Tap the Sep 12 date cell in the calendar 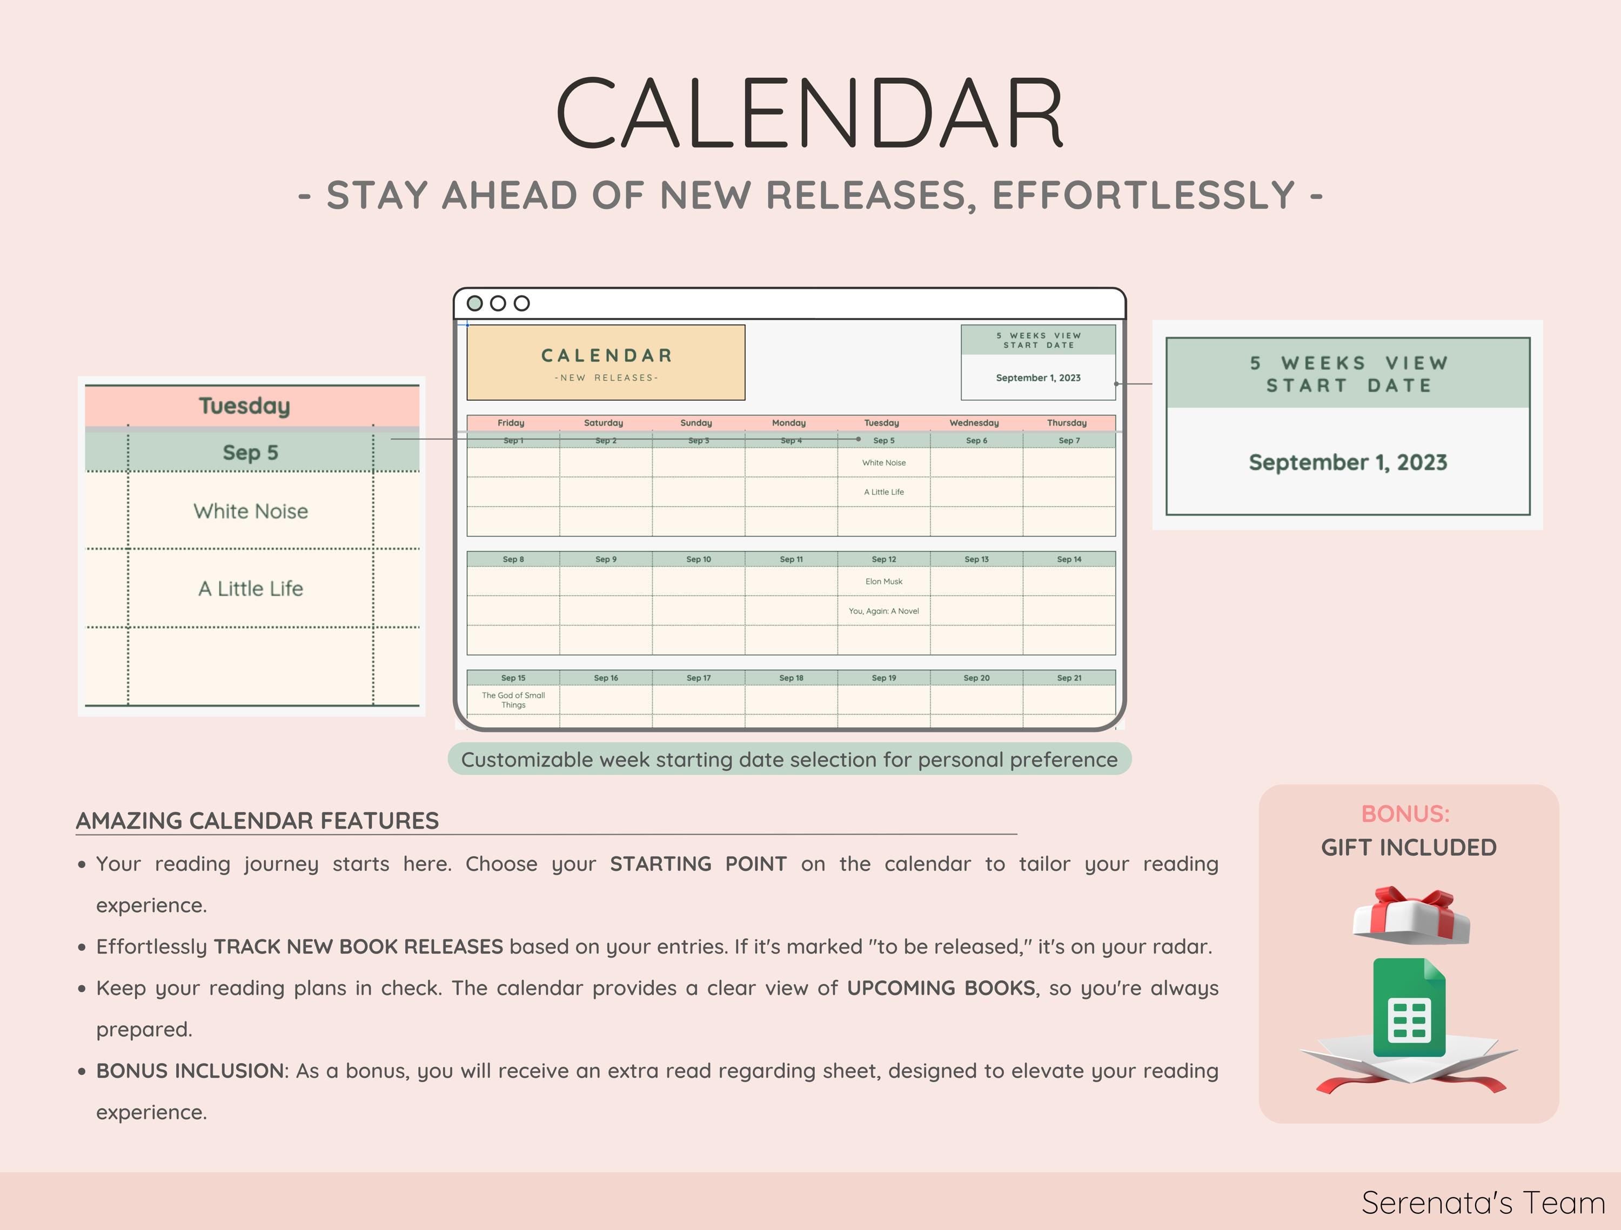tap(884, 559)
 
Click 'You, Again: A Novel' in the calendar tap(884, 611)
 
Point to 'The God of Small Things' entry tap(514, 700)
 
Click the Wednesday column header tap(974, 423)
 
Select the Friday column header tap(511, 423)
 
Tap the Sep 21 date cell tap(1069, 677)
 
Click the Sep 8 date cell tap(513, 559)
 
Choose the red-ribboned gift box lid tap(1411, 916)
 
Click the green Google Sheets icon tap(1409, 1007)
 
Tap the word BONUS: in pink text tap(1405, 814)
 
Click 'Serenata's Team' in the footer tap(1483, 1203)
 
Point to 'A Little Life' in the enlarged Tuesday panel tap(251, 588)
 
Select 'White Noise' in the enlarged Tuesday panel tap(251, 512)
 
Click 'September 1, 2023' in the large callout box tap(1348, 462)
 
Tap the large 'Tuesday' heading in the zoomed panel tap(245, 406)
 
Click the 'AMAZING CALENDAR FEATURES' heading tap(257, 821)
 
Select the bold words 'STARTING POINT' tap(698, 864)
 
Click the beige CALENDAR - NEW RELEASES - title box tap(606, 362)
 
